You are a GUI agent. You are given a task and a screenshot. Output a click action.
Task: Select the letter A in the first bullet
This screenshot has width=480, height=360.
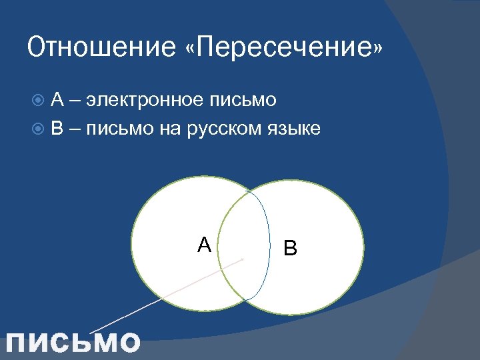57,100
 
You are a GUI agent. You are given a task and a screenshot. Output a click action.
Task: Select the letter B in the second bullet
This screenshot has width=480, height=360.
57,128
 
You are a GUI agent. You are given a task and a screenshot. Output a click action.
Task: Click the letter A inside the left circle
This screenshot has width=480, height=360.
204,245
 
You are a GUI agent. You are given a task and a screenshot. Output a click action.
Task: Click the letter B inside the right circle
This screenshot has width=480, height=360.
291,249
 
